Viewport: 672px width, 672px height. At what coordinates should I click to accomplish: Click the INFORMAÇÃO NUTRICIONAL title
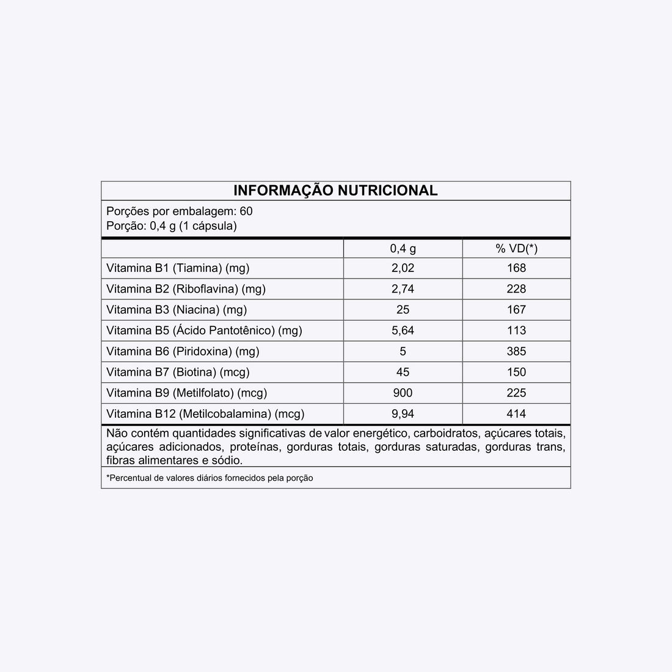click(x=335, y=191)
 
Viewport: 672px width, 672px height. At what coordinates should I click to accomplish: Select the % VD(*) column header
click(x=516, y=249)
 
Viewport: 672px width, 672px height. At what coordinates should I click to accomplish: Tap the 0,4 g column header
click(x=403, y=249)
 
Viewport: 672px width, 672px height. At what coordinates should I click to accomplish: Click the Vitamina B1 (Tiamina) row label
click(x=178, y=268)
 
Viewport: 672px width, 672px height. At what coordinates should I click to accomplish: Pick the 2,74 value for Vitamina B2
click(x=403, y=289)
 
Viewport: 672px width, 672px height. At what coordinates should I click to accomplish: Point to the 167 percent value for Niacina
click(x=516, y=310)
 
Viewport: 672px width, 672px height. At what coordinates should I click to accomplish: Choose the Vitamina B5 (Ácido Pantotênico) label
click(x=204, y=331)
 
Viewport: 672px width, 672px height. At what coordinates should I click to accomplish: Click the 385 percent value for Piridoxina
click(x=516, y=351)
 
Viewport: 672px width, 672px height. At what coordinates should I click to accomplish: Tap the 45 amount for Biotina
click(x=403, y=372)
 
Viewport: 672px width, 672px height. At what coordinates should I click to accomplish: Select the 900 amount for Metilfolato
click(x=403, y=393)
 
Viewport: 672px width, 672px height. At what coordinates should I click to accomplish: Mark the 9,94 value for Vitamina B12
click(x=403, y=414)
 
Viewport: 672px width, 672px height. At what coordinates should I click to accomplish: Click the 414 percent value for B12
click(x=516, y=414)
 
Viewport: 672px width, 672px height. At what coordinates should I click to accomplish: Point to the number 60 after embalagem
click(x=246, y=211)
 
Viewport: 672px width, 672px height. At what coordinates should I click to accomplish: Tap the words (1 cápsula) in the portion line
click(x=208, y=226)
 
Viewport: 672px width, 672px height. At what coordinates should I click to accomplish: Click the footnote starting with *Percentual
click(x=210, y=478)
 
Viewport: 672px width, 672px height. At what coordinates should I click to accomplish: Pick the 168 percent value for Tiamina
click(x=516, y=268)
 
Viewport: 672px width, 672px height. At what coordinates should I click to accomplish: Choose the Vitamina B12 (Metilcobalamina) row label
click(x=205, y=414)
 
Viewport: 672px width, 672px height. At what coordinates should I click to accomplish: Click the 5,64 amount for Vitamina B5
click(x=403, y=331)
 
